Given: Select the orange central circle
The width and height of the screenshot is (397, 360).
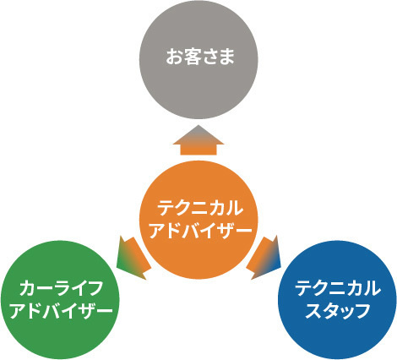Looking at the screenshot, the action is pyautogui.click(x=198, y=220).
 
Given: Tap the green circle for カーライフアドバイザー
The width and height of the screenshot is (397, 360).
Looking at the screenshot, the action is pyautogui.click(x=60, y=300).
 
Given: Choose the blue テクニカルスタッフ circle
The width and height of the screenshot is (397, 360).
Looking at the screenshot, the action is pyautogui.click(x=337, y=300).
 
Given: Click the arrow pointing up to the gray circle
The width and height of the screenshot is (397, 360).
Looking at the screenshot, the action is pyautogui.click(x=198, y=140).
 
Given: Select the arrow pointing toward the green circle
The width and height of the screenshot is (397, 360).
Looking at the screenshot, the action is pyautogui.click(x=133, y=258).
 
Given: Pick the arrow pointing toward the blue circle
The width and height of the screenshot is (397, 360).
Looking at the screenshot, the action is pyautogui.click(x=264, y=258).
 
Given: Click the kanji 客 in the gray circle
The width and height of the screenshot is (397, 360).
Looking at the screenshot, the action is pyautogui.click(x=192, y=57).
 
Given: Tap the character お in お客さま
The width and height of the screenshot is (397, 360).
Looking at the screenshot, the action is pyautogui.click(x=174, y=57).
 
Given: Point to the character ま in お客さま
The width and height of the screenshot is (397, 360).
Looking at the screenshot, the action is pyautogui.click(x=226, y=57).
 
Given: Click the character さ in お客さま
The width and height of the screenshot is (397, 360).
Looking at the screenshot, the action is pyautogui.click(x=209, y=57).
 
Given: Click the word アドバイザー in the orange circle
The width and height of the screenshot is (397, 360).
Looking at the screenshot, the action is pyautogui.click(x=200, y=231).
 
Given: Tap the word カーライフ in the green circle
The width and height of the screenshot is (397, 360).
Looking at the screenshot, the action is pyautogui.click(x=61, y=288).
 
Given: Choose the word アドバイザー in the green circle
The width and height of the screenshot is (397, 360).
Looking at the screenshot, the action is pyautogui.click(x=61, y=311).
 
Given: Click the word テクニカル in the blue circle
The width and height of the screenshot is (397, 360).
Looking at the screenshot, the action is pyautogui.click(x=338, y=288).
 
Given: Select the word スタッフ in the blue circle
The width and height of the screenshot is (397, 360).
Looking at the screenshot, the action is pyautogui.click(x=338, y=311).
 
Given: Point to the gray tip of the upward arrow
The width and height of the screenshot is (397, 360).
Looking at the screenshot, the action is pyautogui.click(x=198, y=126).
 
